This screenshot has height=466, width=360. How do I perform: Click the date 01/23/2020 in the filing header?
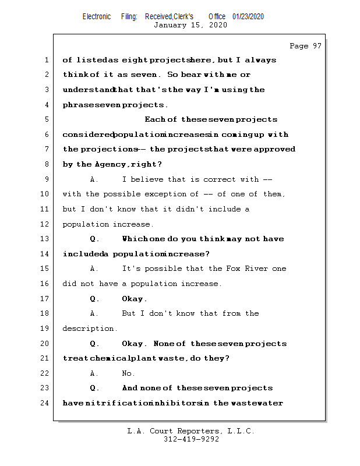pos(248,16)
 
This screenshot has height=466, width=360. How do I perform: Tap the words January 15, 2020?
pos(190,25)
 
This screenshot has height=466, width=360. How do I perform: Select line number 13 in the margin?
pos(45,239)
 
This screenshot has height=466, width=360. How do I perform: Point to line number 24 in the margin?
pos(45,403)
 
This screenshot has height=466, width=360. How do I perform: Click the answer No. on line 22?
pos(128,373)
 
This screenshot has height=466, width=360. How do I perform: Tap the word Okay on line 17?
pos(133,299)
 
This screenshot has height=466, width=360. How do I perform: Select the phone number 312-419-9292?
pos(191,440)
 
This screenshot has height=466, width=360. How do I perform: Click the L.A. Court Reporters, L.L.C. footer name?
pos(190,432)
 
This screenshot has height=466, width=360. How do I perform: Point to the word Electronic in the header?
pos(97,16)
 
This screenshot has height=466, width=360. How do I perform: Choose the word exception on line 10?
pos(163,194)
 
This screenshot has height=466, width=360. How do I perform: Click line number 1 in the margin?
pos(45,60)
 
